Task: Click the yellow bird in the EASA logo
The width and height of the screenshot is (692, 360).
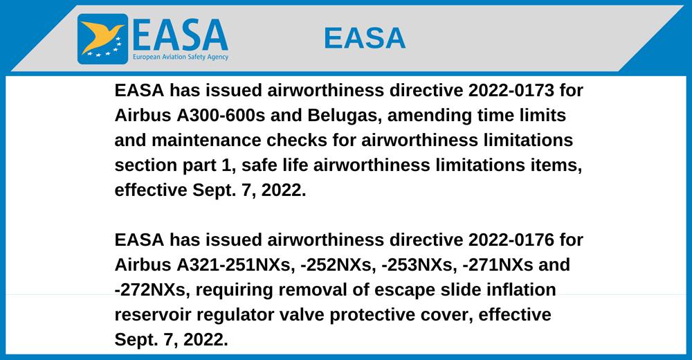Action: (x=102, y=36)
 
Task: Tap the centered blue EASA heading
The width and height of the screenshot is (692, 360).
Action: (x=365, y=38)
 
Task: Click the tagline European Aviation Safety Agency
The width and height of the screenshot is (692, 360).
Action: (x=181, y=57)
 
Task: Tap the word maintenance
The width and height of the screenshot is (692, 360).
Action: (x=206, y=141)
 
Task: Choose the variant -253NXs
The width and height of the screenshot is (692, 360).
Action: (x=418, y=265)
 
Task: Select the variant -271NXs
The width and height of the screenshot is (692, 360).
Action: (x=495, y=265)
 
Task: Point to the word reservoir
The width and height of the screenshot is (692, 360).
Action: (x=153, y=316)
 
